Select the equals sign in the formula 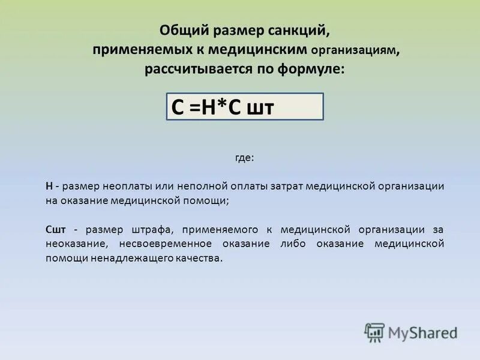[x=193, y=108]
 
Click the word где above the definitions [x=244, y=158]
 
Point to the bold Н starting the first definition [x=49, y=186]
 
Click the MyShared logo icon [x=374, y=332]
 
